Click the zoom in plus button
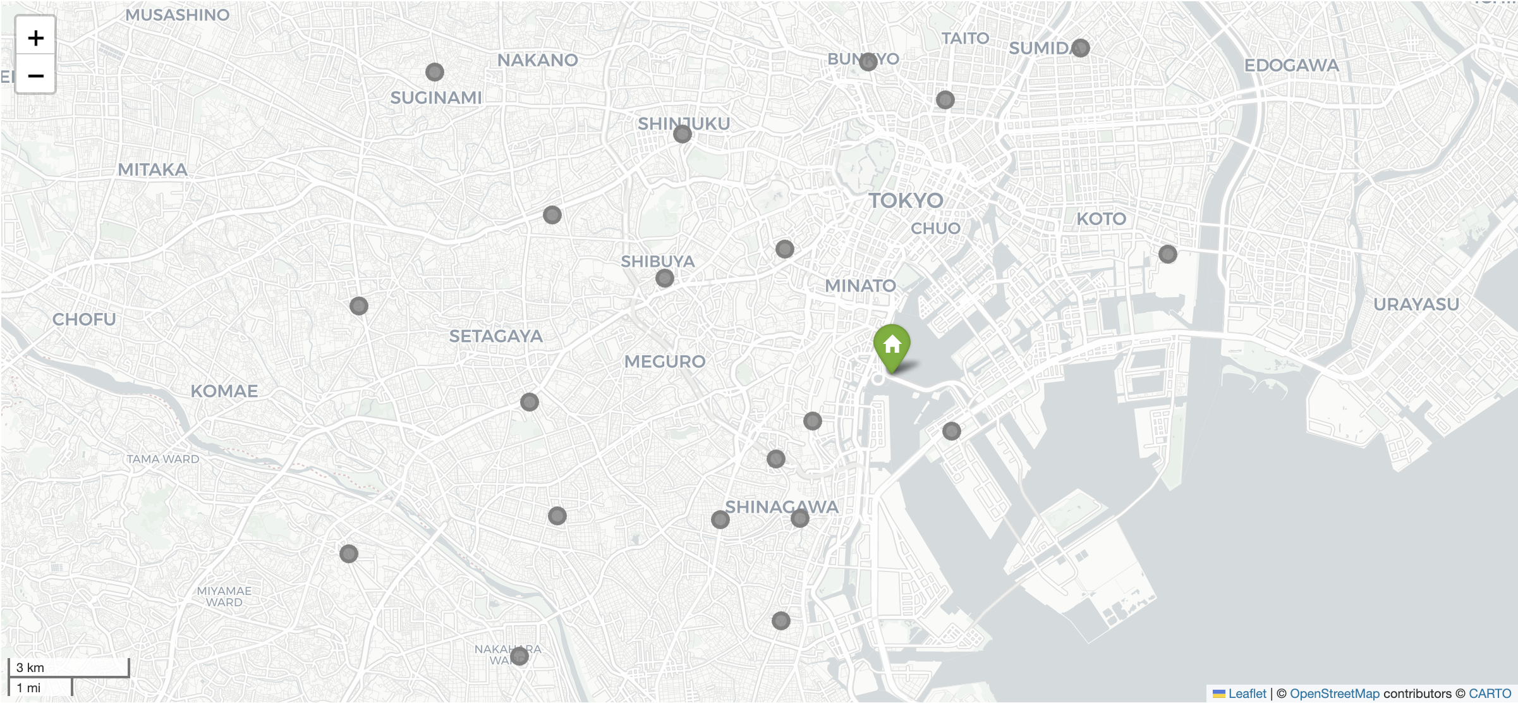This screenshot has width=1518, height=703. pos(35,38)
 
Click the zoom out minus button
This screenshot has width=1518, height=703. pos(35,76)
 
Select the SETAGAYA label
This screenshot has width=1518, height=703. pos(495,336)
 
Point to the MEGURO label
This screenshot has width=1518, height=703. pos(664,362)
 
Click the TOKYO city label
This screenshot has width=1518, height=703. pos(906,201)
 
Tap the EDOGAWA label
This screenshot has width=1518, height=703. pos(1291,66)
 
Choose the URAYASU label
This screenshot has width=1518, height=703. pos(1416,305)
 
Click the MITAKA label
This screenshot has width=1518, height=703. pos(152,170)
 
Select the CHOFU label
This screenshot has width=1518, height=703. pos(84,319)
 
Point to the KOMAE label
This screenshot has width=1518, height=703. pos(224,391)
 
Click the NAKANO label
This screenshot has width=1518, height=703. pos(537,61)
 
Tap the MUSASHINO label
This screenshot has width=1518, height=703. pos(177,15)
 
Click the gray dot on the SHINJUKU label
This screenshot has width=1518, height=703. pos(683,134)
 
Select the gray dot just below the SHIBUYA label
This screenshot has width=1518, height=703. pos(665,278)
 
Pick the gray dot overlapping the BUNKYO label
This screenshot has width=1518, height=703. pos(868,61)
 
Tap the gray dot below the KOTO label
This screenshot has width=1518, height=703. pos(1168,254)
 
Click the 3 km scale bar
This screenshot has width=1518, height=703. pos(68,668)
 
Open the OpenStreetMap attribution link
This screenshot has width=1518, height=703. pos(1334,694)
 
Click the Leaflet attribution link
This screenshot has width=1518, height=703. pos(1246,694)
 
